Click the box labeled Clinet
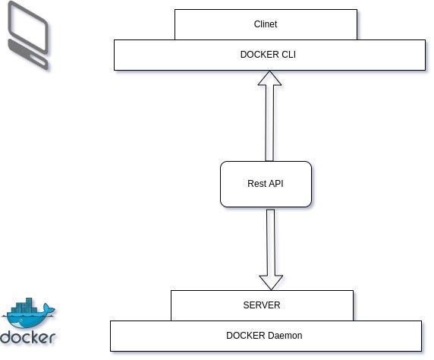(x=266, y=24)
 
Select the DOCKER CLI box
(x=269, y=55)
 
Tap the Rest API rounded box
(x=266, y=184)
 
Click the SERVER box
(x=262, y=305)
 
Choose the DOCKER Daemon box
(x=266, y=336)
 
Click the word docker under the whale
(x=28, y=337)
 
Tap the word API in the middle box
(x=275, y=184)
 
